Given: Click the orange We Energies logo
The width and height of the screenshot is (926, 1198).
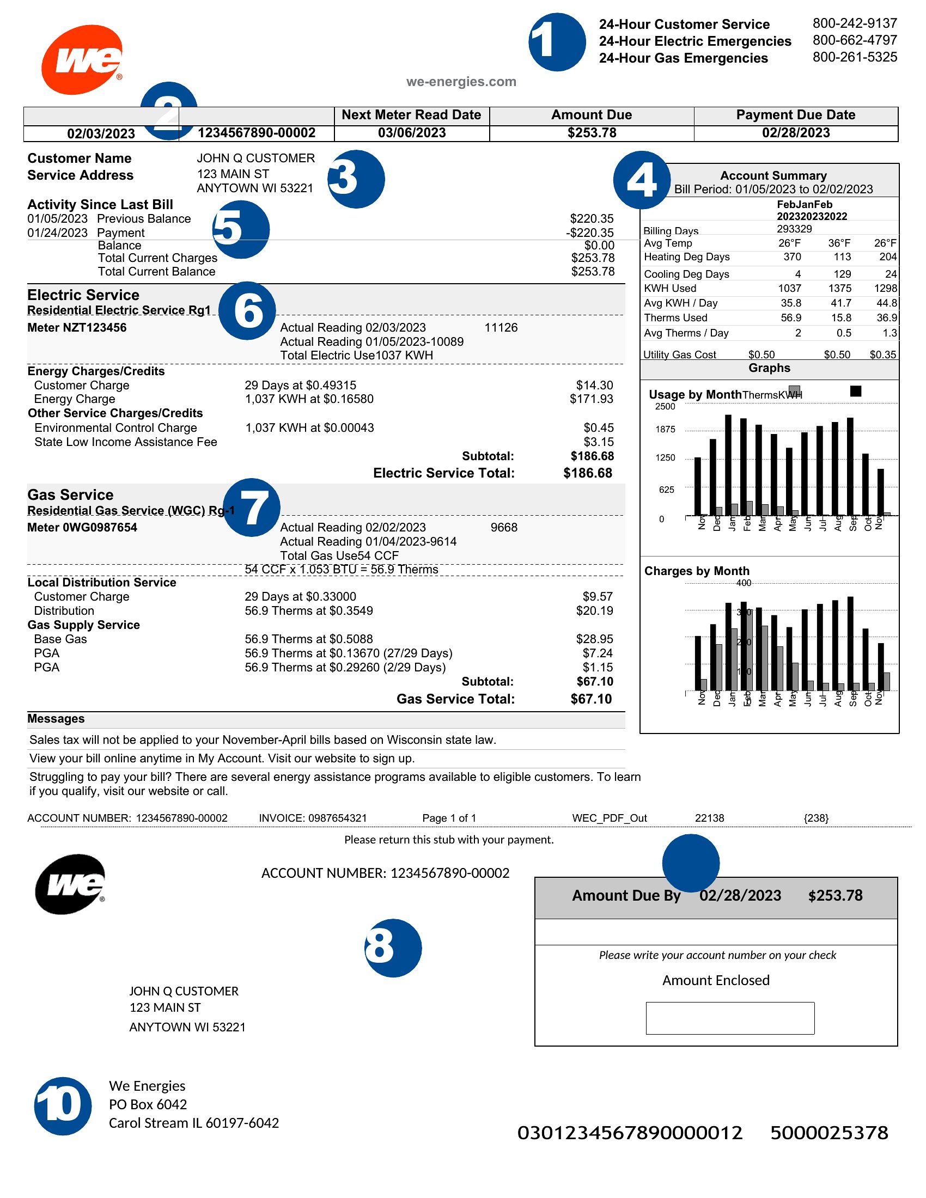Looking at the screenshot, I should (82, 59).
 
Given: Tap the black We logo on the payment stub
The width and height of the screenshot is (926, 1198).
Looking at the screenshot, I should (70, 884).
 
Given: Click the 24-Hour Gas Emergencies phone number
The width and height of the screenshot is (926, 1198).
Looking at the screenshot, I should (854, 57).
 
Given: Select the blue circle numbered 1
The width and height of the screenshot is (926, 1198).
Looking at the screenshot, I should (557, 42).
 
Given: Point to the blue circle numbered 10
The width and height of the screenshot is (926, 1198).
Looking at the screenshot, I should (63, 1105).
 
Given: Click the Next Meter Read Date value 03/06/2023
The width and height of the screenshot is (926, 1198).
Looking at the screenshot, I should (411, 133).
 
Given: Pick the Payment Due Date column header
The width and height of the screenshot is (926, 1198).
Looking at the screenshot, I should (795, 115).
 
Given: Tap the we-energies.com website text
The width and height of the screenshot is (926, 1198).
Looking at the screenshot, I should (461, 82).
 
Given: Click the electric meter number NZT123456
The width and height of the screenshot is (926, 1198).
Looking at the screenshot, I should (77, 328).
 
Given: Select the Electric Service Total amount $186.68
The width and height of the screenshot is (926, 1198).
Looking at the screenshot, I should (588, 473).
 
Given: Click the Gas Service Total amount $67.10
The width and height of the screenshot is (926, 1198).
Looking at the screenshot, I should (591, 699).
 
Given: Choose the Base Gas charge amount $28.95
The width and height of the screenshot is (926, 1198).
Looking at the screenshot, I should (594, 640).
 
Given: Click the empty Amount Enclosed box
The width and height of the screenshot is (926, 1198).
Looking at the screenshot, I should (729, 1018).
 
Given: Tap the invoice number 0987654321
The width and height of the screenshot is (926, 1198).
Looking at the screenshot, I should (337, 818).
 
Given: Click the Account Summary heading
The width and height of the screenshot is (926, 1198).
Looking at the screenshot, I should (773, 176).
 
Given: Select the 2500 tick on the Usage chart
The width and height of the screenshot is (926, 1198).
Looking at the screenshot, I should (665, 407).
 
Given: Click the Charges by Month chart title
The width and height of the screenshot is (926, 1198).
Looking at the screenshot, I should (696, 572).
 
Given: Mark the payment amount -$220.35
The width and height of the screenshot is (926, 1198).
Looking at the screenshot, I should (590, 233).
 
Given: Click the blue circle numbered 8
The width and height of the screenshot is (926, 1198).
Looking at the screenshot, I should (393, 948).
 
